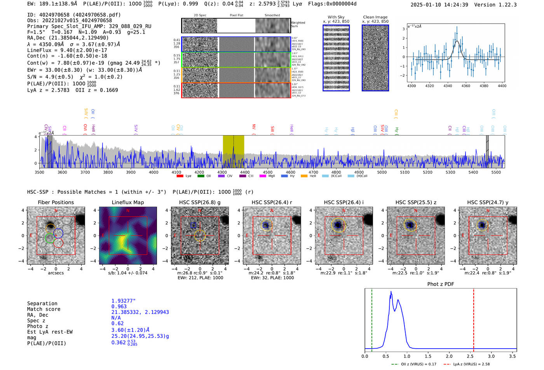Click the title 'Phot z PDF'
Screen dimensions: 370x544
441,284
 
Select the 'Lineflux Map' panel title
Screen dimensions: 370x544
128,202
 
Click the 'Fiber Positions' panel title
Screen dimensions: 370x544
56,202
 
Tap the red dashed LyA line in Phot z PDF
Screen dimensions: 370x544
474,318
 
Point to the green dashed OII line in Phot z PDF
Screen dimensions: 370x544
372,318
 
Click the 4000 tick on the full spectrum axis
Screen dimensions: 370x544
153,172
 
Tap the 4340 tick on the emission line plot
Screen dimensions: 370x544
448,86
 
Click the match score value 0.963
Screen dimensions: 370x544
119,307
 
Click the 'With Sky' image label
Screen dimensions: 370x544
336,17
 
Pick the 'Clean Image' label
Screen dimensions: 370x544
375,17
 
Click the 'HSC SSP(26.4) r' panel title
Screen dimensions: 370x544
272,202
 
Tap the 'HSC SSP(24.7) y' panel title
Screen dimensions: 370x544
488,202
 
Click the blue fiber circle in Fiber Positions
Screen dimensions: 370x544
58,233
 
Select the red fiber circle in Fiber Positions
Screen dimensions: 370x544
58,243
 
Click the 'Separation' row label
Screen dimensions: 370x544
42,304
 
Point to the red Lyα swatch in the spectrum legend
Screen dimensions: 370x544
180,176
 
